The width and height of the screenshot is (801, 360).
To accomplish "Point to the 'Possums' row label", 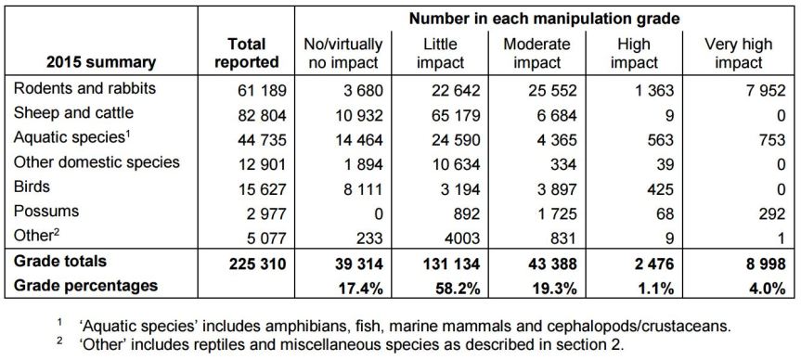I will (45, 212).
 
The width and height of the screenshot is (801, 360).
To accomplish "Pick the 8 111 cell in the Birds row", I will (356, 187).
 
